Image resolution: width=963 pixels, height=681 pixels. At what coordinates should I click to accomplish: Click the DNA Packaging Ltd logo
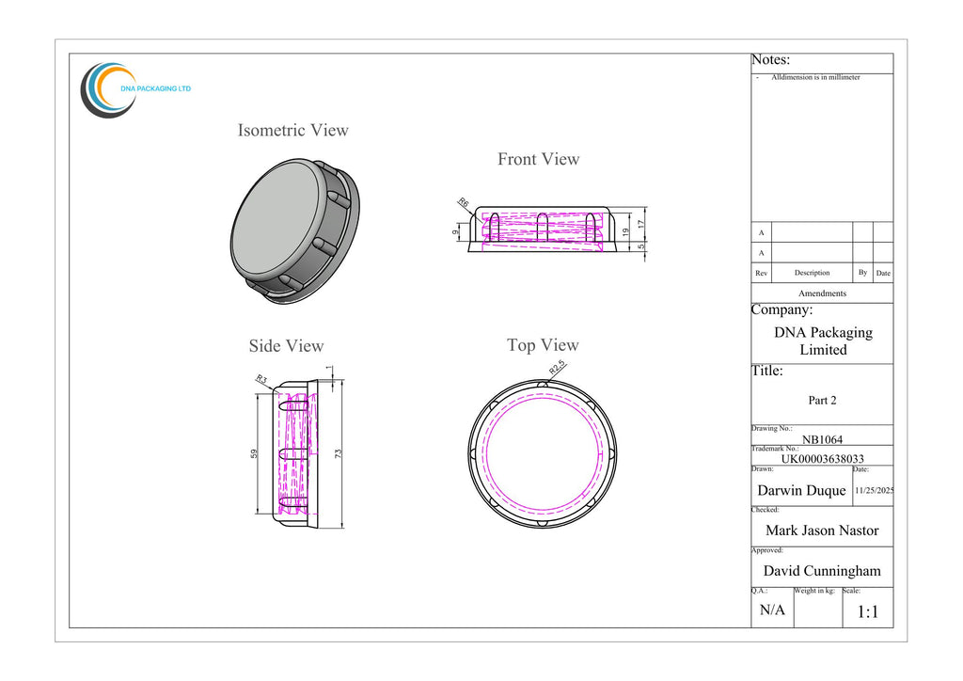(x=135, y=89)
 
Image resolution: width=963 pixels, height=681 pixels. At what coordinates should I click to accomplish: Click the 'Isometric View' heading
(x=293, y=130)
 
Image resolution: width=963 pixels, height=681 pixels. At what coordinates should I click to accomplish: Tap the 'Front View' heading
(x=539, y=159)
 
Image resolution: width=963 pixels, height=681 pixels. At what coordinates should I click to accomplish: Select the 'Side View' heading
(x=286, y=346)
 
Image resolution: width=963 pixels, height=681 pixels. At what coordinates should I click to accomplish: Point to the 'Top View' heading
(x=543, y=345)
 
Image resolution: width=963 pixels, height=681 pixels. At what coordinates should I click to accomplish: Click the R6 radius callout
(x=464, y=202)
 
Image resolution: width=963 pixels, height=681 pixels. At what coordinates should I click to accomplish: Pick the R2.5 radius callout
(x=557, y=368)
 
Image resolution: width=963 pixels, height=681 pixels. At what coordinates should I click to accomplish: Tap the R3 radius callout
(x=261, y=379)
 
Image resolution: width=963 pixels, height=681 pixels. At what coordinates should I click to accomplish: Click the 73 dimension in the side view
(x=338, y=453)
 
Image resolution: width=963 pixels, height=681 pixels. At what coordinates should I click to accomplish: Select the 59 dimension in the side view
(x=254, y=453)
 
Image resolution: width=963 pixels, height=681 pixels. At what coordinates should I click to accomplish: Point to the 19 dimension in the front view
(x=625, y=232)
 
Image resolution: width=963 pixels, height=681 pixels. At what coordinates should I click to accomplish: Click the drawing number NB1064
(x=822, y=439)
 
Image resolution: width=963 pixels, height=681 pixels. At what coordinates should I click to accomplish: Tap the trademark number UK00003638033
(x=822, y=459)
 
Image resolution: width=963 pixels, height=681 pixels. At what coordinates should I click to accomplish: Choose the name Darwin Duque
(x=801, y=491)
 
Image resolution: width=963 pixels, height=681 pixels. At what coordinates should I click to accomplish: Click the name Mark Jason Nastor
(x=822, y=531)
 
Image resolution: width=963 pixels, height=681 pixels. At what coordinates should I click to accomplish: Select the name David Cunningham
(x=822, y=571)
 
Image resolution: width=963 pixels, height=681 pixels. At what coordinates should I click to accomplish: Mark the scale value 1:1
(x=868, y=611)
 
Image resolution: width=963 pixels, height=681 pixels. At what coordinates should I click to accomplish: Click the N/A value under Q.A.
(x=772, y=610)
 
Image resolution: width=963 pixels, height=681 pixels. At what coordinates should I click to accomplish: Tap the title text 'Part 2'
(x=822, y=401)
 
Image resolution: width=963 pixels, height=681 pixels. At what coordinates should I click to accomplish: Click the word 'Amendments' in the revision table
(x=822, y=293)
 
